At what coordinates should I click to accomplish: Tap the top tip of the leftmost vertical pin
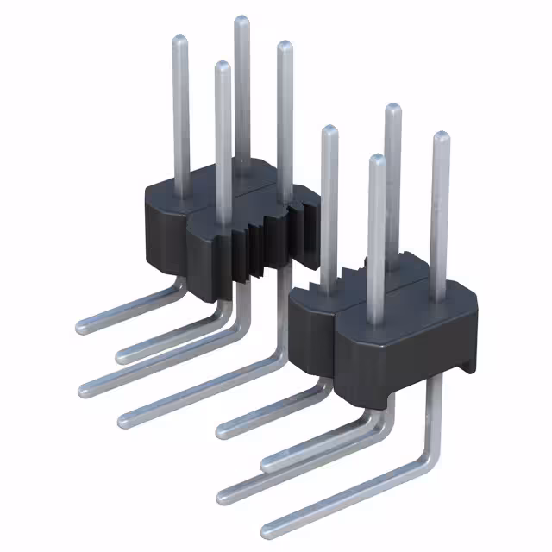point(179,40)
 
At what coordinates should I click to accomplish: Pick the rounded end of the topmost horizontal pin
point(81,326)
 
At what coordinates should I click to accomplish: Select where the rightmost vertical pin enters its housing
point(439,298)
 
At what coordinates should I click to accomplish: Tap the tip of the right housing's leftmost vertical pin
point(329,130)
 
